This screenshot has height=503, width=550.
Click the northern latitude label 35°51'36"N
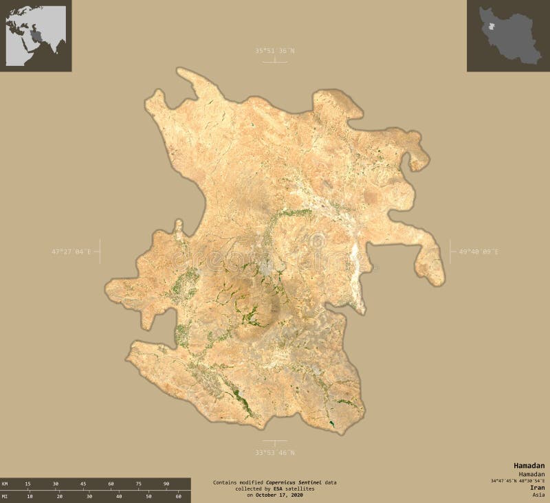(274, 51)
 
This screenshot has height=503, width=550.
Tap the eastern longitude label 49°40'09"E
(479, 252)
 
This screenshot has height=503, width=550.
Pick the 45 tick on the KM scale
(83, 484)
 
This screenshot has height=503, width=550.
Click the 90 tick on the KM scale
(166, 484)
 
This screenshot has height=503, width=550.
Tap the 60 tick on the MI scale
(178, 496)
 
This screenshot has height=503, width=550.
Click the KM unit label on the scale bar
(5, 484)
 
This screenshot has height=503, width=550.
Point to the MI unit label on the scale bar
(5, 496)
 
